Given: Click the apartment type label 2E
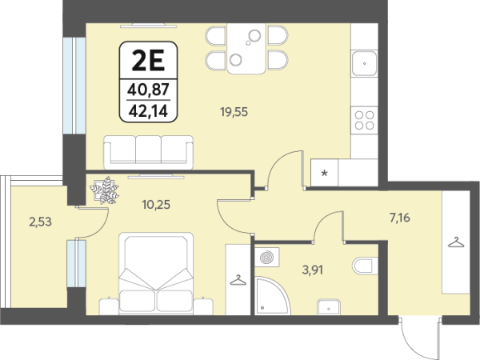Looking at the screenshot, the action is point(149,61).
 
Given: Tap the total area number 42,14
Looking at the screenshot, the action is point(149,111).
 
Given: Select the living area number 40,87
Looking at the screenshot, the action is point(149,90).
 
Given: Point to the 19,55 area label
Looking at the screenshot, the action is point(234,112).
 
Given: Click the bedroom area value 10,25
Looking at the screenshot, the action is point(156,205).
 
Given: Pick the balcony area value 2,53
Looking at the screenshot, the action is point(41,222).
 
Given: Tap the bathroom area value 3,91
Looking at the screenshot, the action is point(313,270).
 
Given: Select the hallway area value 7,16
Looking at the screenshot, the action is point(400,218).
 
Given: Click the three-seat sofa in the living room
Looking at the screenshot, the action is point(149,153).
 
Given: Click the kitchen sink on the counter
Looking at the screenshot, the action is point(364,63).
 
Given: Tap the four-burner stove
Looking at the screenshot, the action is point(364,120).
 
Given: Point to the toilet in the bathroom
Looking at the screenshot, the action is point(366,266).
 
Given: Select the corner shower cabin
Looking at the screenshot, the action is point(272,295).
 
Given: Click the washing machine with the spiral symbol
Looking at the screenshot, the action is point(267,257).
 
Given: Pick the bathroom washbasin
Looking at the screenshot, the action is point(329,306).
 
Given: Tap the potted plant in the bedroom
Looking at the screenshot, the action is point(105,190).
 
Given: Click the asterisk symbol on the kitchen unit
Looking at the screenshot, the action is point(325,174).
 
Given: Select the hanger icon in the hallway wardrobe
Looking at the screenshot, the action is point(456,242).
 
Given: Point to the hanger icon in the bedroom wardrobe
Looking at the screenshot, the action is point(238,280).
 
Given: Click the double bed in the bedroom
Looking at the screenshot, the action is point(156,274).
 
